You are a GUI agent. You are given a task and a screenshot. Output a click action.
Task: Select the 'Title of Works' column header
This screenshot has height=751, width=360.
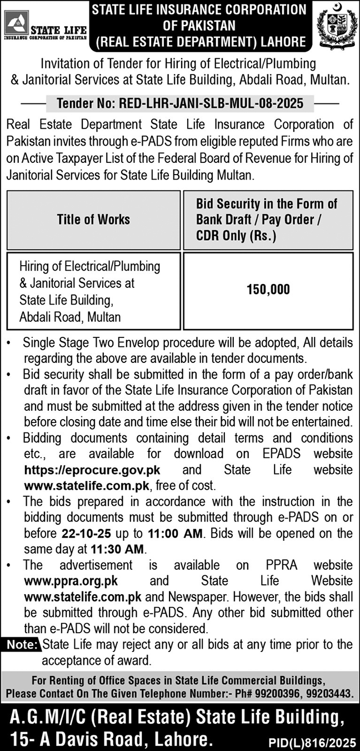click(x=93, y=219)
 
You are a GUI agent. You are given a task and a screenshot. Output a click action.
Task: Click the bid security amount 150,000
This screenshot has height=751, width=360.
click(x=268, y=290)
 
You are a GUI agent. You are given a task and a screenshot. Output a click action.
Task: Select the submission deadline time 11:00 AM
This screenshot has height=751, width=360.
click(x=177, y=534)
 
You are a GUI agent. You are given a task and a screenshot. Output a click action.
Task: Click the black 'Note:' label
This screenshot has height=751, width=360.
click(x=22, y=645)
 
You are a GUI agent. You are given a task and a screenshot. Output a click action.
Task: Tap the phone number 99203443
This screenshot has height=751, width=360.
click(x=331, y=694)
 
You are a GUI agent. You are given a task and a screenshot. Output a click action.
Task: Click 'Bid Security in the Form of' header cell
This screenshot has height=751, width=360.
click(x=267, y=203)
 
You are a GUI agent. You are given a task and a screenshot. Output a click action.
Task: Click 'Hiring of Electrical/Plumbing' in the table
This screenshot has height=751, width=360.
click(x=89, y=266)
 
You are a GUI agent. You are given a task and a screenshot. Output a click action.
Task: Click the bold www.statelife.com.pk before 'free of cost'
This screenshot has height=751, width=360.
click(x=87, y=485)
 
